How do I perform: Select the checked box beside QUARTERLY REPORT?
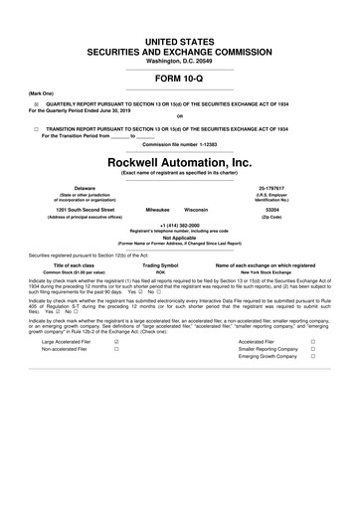click(x=35, y=102)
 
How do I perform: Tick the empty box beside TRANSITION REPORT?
click(x=35, y=129)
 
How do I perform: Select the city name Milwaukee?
click(x=157, y=211)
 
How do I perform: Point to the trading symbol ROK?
click(x=160, y=272)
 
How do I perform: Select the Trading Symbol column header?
click(x=160, y=264)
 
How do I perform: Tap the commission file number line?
click(x=179, y=145)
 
